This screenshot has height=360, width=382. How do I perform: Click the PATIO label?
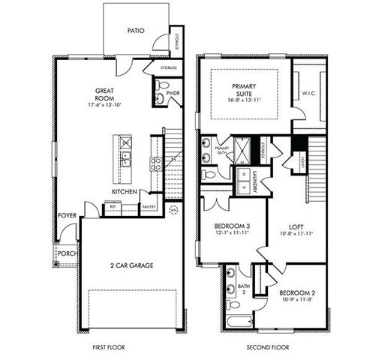[x=136, y=31]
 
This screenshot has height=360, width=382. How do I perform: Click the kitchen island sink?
[x=125, y=158]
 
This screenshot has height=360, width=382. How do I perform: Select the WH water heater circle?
[x=175, y=209]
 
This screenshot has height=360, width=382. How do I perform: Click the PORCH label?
[x=68, y=253]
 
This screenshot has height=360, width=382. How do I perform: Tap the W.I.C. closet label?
[x=309, y=94]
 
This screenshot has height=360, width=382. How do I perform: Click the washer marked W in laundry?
[x=244, y=187]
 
